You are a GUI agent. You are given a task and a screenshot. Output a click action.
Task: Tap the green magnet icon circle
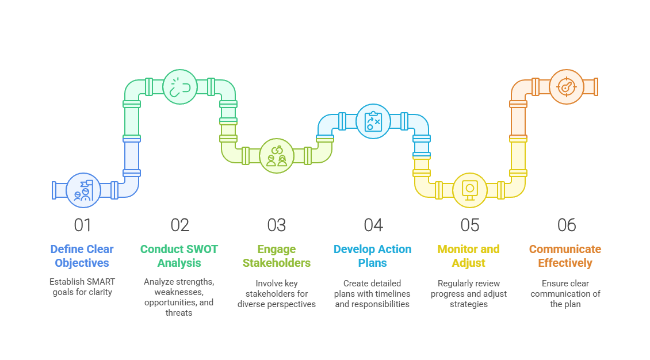point(179,87)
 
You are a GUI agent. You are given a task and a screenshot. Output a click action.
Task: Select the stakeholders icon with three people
point(276,155)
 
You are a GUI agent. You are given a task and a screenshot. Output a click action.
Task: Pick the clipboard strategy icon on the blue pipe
point(373,121)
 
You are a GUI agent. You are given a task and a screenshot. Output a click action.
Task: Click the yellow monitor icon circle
point(469,190)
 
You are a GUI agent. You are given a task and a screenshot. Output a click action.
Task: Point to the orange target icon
point(566,86)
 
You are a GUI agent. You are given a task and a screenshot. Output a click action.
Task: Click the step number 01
point(83,225)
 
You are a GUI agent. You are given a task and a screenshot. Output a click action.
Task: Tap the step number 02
point(179,225)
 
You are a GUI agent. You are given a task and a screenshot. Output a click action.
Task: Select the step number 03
point(276,225)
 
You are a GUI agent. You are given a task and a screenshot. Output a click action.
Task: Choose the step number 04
point(373,225)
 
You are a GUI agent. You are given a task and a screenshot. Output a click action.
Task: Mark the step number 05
point(469,225)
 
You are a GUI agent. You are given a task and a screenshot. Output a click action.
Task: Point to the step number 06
point(566,225)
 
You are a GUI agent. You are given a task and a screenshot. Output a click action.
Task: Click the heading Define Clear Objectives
point(82,256)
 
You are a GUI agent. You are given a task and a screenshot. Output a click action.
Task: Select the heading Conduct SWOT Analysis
point(179,256)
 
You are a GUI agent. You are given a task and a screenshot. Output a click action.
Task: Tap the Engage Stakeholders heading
point(276,256)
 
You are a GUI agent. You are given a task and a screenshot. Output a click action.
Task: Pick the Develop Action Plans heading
point(373,256)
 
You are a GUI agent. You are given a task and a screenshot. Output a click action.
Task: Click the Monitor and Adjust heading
point(469,256)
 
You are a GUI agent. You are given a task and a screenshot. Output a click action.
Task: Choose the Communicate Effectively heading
point(566,256)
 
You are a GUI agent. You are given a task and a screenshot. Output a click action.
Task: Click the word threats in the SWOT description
point(179,313)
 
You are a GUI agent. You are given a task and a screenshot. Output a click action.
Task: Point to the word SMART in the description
point(101,282)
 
